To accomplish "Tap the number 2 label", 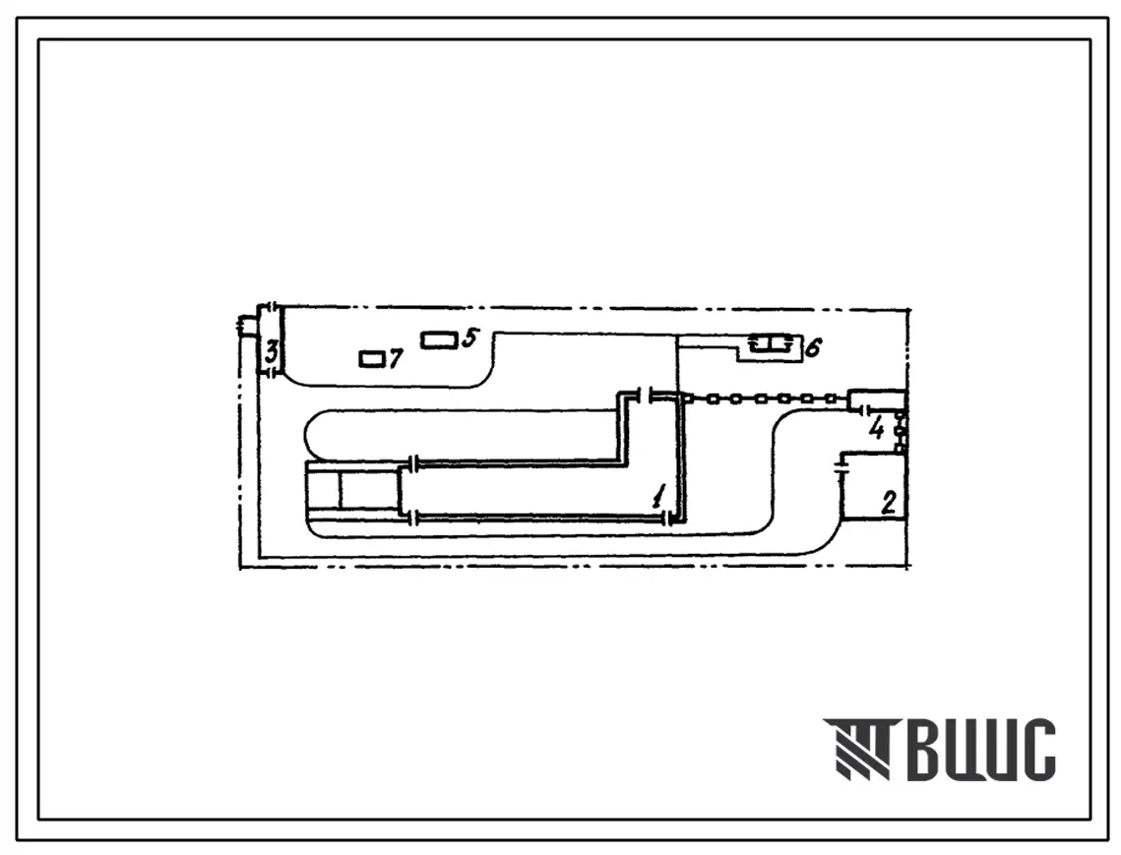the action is [x=889, y=503].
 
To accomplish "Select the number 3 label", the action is [x=271, y=351].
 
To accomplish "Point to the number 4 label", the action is [x=877, y=430].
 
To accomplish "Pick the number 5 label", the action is [x=469, y=337].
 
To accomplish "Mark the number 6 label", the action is [x=813, y=347].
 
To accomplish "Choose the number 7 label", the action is [x=396, y=358].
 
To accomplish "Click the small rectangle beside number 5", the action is [x=439, y=340].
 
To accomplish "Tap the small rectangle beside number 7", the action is [x=372, y=359].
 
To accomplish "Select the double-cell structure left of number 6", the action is [x=770, y=344].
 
